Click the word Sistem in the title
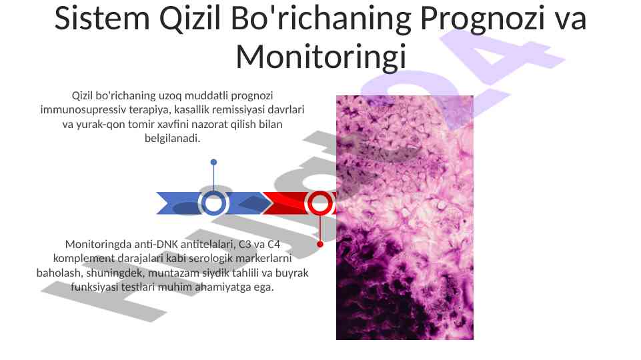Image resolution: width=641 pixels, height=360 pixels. click(102, 19)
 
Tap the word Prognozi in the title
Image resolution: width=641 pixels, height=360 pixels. click(482, 19)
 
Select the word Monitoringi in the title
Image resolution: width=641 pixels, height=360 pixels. click(322, 57)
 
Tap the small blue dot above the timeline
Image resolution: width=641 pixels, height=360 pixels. click(213, 162)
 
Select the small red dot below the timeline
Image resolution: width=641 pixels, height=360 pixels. click(320, 245)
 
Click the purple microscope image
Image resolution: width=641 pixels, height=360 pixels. click(405, 217)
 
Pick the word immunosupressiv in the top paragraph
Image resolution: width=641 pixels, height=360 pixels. click(83, 110)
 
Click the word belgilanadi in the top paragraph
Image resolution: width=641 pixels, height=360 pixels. click(172, 138)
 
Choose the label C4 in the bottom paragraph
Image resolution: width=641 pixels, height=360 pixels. click(273, 245)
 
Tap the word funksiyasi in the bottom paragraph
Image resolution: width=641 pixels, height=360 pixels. click(95, 287)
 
